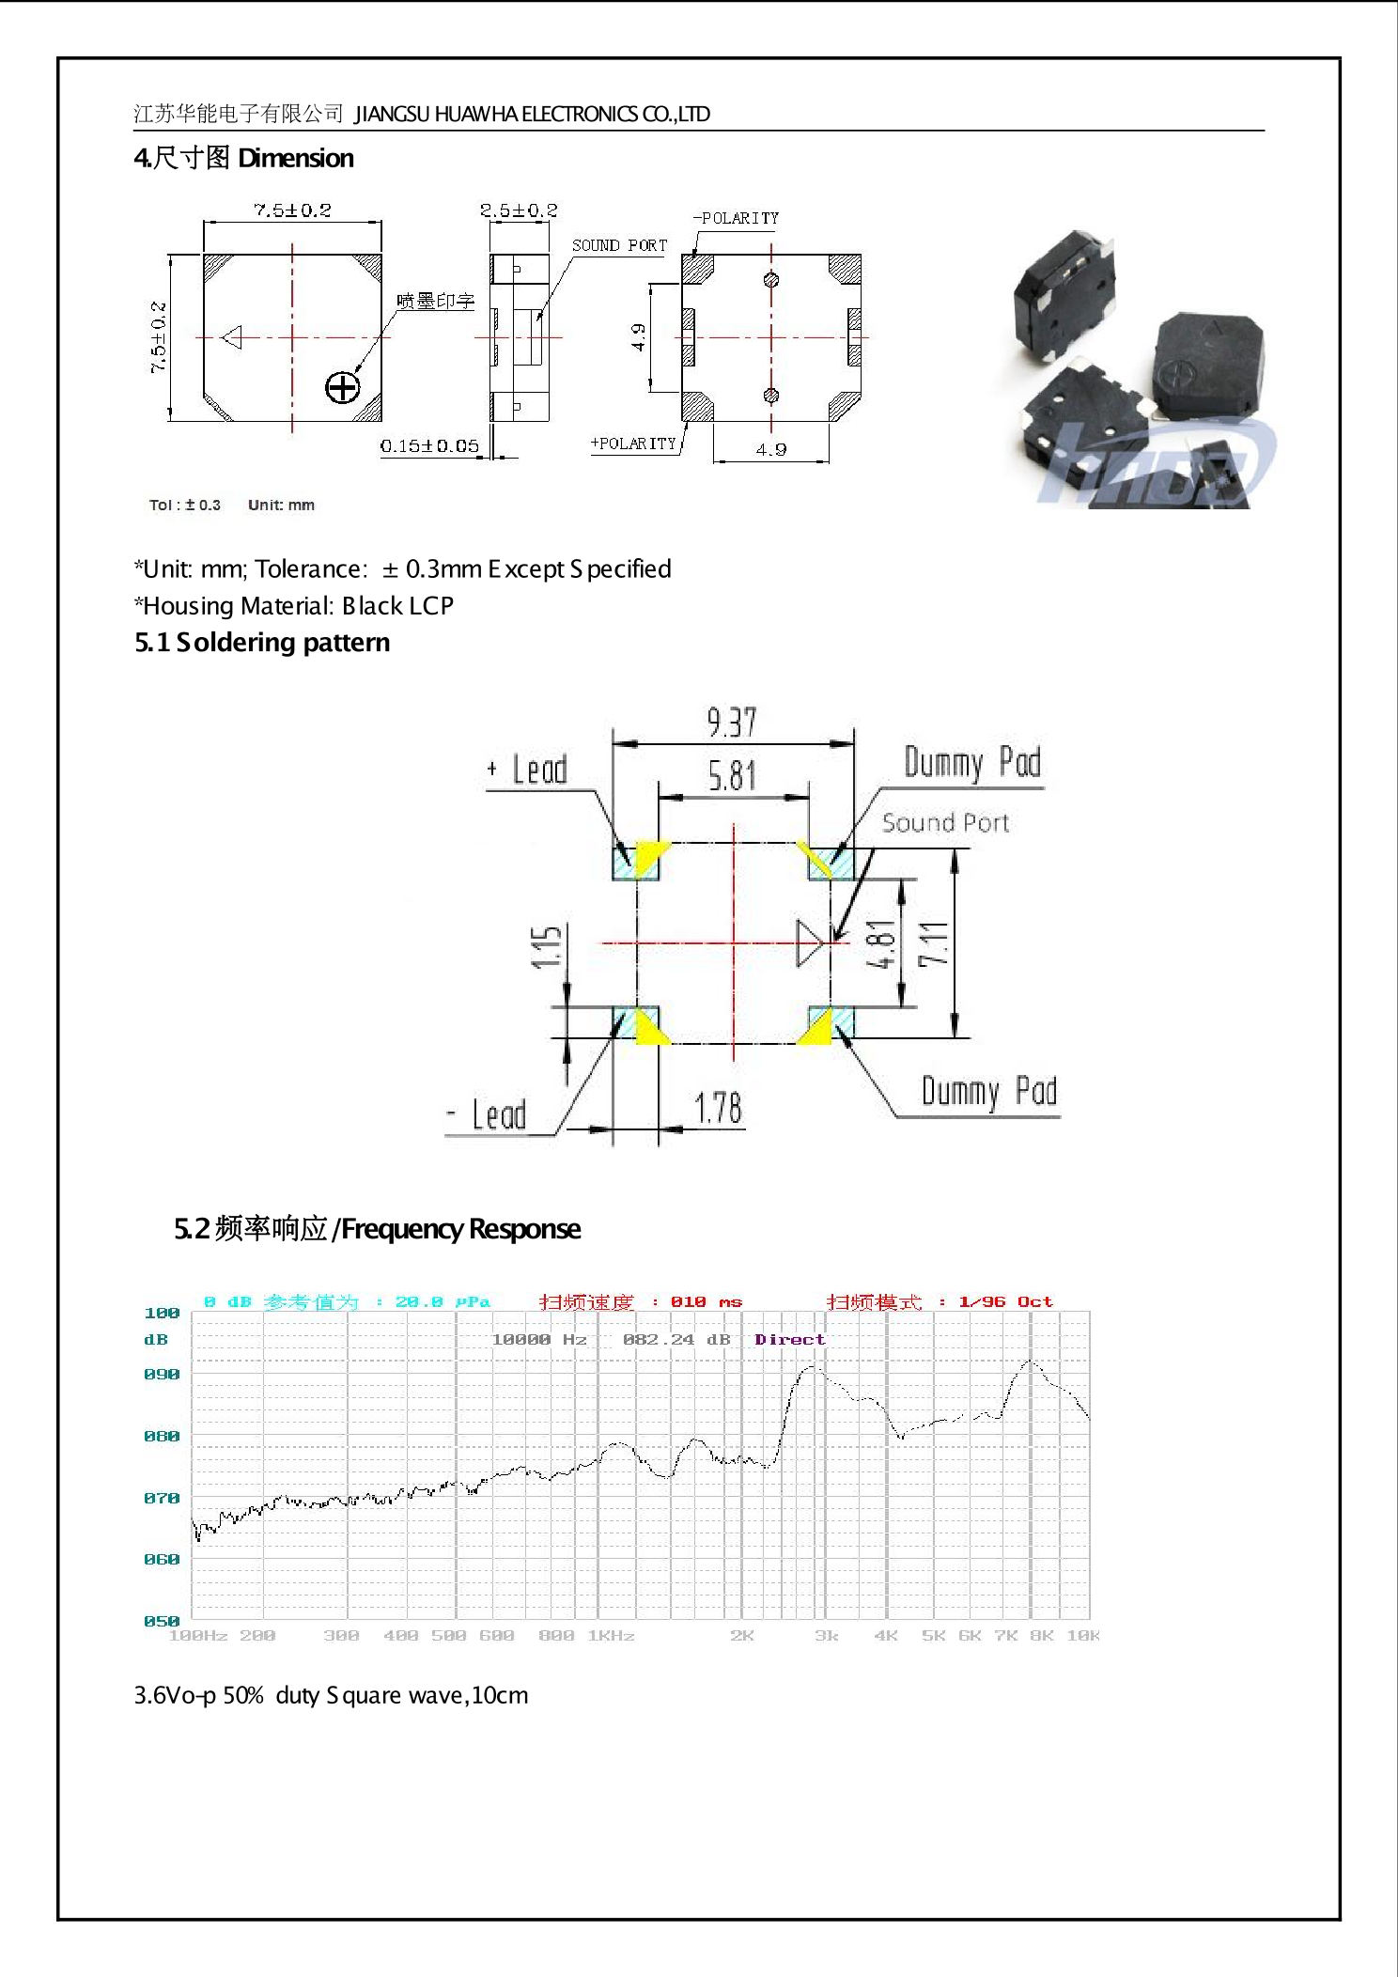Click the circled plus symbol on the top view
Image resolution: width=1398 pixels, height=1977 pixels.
click(343, 387)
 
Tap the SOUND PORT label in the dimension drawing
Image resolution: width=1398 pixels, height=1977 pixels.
click(619, 246)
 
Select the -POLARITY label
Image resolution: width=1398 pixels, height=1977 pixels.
click(737, 218)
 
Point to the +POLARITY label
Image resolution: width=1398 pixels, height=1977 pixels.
click(633, 444)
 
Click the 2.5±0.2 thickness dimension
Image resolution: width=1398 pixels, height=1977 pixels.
click(519, 210)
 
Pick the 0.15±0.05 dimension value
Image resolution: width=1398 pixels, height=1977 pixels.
click(429, 445)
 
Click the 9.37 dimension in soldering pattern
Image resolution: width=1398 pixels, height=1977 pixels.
click(731, 723)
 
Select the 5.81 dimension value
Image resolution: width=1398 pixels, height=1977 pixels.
click(731, 776)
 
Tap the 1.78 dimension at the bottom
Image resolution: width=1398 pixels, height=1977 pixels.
click(718, 1109)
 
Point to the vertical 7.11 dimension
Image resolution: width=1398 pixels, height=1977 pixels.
click(934, 943)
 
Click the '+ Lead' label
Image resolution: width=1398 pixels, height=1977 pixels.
click(528, 770)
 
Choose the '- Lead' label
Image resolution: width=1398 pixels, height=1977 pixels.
click(487, 1115)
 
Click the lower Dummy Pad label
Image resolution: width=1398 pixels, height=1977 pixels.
click(988, 1092)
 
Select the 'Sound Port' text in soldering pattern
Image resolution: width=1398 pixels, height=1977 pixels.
click(945, 823)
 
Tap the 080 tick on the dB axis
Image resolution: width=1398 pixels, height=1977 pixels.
click(162, 1436)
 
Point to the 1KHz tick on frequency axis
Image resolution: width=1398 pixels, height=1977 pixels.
click(611, 1636)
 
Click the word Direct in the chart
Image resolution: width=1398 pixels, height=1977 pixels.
click(789, 1339)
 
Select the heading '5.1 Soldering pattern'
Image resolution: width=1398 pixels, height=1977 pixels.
click(262, 643)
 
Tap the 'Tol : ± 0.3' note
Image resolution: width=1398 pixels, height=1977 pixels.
click(185, 505)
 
